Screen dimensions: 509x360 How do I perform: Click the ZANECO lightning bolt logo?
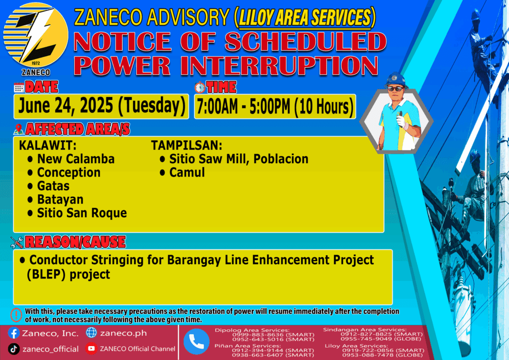(36, 35)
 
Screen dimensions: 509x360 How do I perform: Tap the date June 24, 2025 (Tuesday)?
(101, 106)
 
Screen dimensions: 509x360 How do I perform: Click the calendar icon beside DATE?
(19, 88)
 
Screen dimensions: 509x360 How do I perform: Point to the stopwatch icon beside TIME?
(200, 88)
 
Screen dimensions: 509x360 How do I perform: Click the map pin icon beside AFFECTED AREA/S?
(18, 129)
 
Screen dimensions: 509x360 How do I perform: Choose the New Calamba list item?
(76, 159)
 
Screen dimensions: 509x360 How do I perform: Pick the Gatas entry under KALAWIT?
(53, 186)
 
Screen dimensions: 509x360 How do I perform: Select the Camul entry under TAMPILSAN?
(187, 173)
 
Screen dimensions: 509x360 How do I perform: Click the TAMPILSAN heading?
(187, 145)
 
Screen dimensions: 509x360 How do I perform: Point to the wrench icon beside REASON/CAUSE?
(17, 242)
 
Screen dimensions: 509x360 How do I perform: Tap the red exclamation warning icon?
(16, 315)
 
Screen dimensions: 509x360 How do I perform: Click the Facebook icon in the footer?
(13, 333)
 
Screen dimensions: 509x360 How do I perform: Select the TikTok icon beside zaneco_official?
(13, 349)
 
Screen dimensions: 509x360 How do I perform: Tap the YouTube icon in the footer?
(91, 349)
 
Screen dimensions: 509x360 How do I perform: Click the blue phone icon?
(196, 342)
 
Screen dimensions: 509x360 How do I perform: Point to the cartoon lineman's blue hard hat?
(396, 80)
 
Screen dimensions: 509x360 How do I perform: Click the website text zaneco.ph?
(123, 333)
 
